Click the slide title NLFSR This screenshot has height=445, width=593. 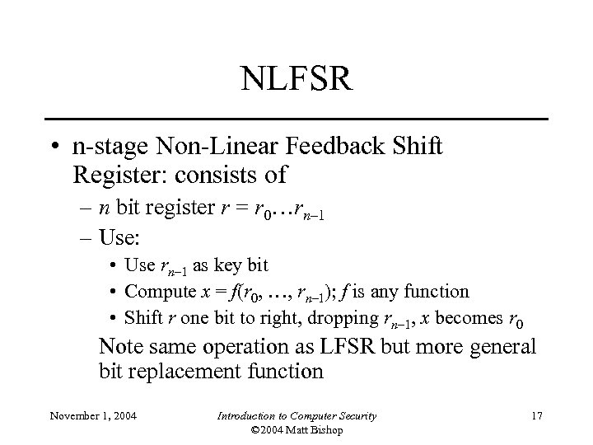[x=296, y=80]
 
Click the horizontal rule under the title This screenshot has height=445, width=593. [x=296, y=119]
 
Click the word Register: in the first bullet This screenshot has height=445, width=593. [x=118, y=176]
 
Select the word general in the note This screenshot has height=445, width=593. [x=498, y=347]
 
